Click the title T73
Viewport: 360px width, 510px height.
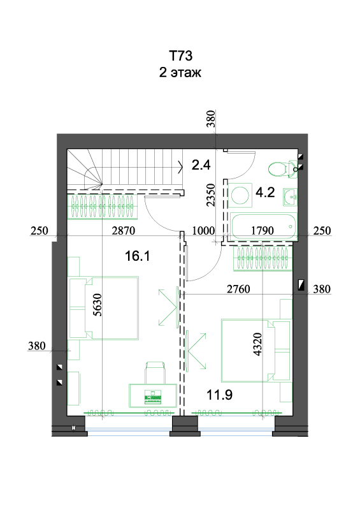click(x=181, y=55)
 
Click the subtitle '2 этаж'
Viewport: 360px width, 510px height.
click(x=180, y=72)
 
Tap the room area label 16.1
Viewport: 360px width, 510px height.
click(x=137, y=256)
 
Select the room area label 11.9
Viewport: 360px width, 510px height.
click(x=220, y=395)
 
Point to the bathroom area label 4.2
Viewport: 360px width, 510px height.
click(x=265, y=193)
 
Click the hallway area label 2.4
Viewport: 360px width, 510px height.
click(x=201, y=165)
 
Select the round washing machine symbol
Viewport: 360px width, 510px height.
click(x=240, y=195)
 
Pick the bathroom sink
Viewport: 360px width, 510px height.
click(x=290, y=197)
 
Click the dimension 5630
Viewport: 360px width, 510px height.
click(x=97, y=305)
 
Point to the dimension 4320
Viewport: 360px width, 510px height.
click(x=257, y=344)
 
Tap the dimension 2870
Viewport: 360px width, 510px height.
click(x=123, y=231)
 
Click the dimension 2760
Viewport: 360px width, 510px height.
click(x=238, y=289)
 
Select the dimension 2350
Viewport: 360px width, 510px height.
click(x=211, y=195)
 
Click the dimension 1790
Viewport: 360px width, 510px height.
click(x=263, y=231)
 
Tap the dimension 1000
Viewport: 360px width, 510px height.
click(x=204, y=231)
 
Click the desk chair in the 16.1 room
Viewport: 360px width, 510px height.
click(x=155, y=372)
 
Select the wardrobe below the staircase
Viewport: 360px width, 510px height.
click(x=103, y=206)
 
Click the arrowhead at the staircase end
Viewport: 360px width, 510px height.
click(x=180, y=167)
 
